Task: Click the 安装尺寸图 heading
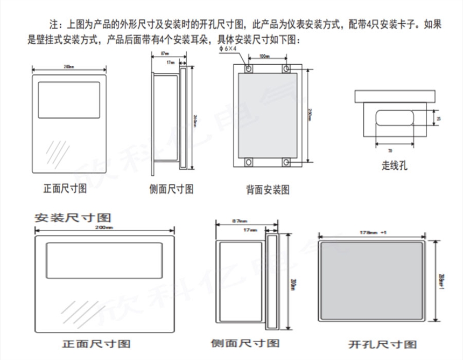point(73,218)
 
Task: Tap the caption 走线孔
point(395,165)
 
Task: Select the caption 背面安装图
point(268,189)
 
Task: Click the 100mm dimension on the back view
point(264,56)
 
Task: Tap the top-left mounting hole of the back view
point(249,69)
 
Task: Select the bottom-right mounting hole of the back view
point(286,162)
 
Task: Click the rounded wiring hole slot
point(395,118)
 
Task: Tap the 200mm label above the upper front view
point(68,67)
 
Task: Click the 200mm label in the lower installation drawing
point(105,227)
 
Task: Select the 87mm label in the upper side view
point(165,53)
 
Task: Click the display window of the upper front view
point(69,100)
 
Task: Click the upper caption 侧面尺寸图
point(171,189)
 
